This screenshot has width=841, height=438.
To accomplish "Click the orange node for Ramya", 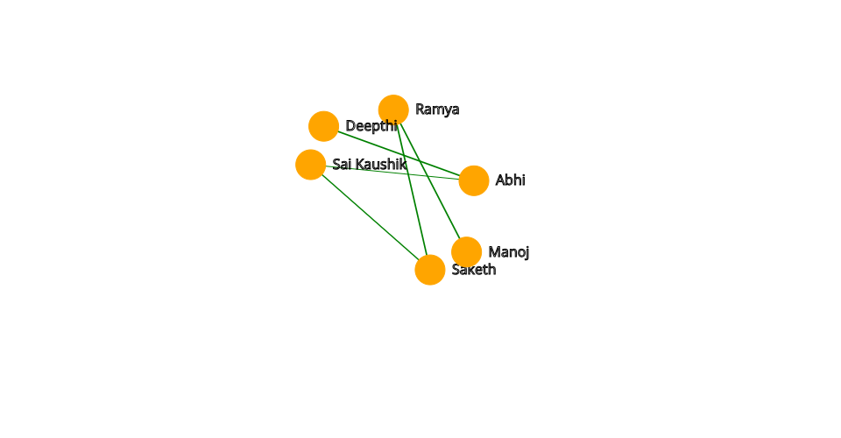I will [393, 109].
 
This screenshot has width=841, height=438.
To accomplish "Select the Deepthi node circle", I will [323, 126].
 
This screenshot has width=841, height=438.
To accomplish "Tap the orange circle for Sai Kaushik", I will [310, 165].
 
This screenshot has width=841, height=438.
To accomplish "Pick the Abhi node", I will [473, 180].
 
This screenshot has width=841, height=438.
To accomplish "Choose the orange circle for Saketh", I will [429, 270].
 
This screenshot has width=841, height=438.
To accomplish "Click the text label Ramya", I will [437, 109].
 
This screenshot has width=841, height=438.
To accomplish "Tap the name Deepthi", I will [371, 126].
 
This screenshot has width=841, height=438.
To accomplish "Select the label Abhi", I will [510, 180].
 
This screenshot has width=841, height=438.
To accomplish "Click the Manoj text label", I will [508, 252].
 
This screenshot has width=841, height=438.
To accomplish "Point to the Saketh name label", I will [474, 270].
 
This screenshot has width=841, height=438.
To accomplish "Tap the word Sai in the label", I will [341, 165].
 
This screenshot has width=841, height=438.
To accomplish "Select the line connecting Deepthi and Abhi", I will [438, 167].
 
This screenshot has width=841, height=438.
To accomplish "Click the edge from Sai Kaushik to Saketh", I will [370, 217].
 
